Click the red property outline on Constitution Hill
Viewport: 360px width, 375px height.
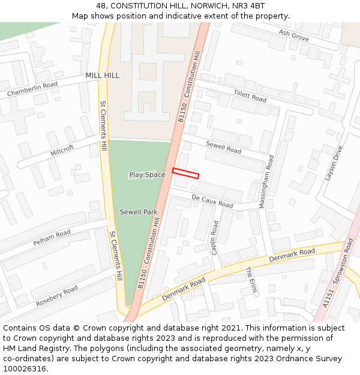click(x=185, y=173)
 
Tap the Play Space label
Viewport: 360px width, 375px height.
click(x=147, y=175)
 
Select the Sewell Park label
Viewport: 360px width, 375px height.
click(x=139, y=212)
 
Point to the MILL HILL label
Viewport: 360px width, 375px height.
click(x=103, y=75)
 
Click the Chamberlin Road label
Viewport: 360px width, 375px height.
click(x=32, y=89)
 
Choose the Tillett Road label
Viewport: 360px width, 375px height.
click(x=250, y=95)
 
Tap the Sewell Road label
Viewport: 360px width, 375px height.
click(x=223, y=147)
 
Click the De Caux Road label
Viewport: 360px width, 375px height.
click(x=212, y=201)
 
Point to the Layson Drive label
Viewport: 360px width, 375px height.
click(x=334, y=163)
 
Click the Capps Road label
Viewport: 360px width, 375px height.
click(x=215, y=237)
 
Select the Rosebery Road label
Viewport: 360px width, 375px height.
click(x=57, y=295)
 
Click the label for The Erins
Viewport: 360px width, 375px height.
click(x=251, y=280)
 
